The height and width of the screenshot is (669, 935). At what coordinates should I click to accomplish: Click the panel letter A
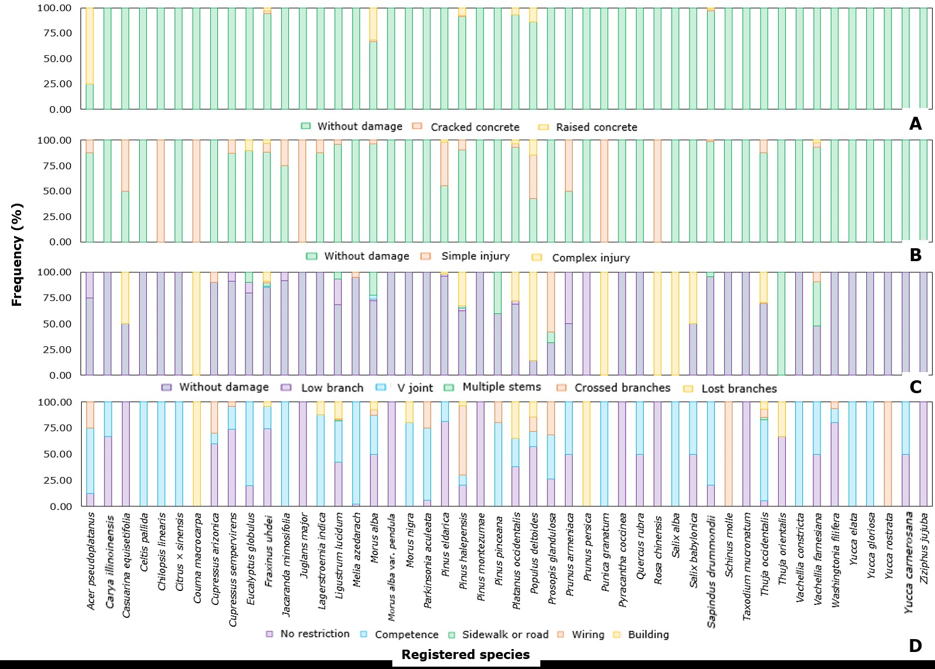tap(915, 124)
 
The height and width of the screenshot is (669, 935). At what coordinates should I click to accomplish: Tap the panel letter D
tap(915, 646)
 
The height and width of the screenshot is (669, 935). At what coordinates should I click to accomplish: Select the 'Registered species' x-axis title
tap(466, 654)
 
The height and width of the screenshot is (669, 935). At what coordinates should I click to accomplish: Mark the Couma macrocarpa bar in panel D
tap(197, 454)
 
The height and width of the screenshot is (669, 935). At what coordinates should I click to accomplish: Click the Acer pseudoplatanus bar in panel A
tap(90, 59)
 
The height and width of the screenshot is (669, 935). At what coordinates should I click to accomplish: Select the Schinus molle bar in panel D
tap(729, 454)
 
